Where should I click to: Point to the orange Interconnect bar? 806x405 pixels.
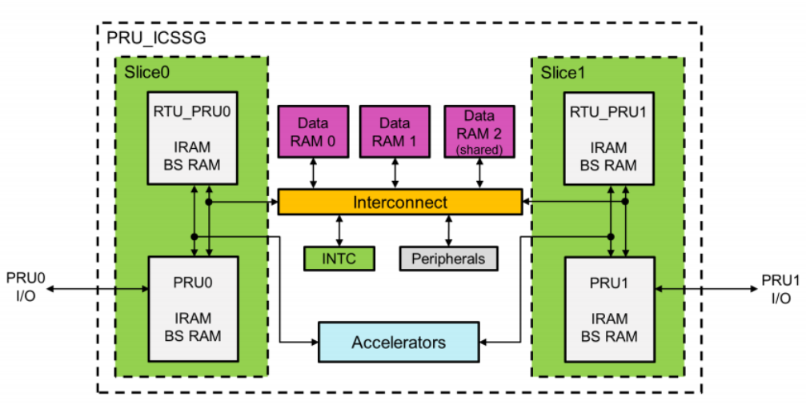(x=399, y=202)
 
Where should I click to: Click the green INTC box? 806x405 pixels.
(x=341, y=259)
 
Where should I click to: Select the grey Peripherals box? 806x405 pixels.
(x=448, y=259)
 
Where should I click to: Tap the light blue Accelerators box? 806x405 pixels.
(x=399, y=343)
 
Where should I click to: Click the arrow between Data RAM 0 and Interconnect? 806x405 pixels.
(x=312, y=174)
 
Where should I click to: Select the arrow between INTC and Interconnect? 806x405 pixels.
(x=341, y=231)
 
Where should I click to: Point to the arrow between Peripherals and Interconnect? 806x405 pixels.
(x=448, y=231)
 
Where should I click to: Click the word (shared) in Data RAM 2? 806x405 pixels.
(x=478, y=150)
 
